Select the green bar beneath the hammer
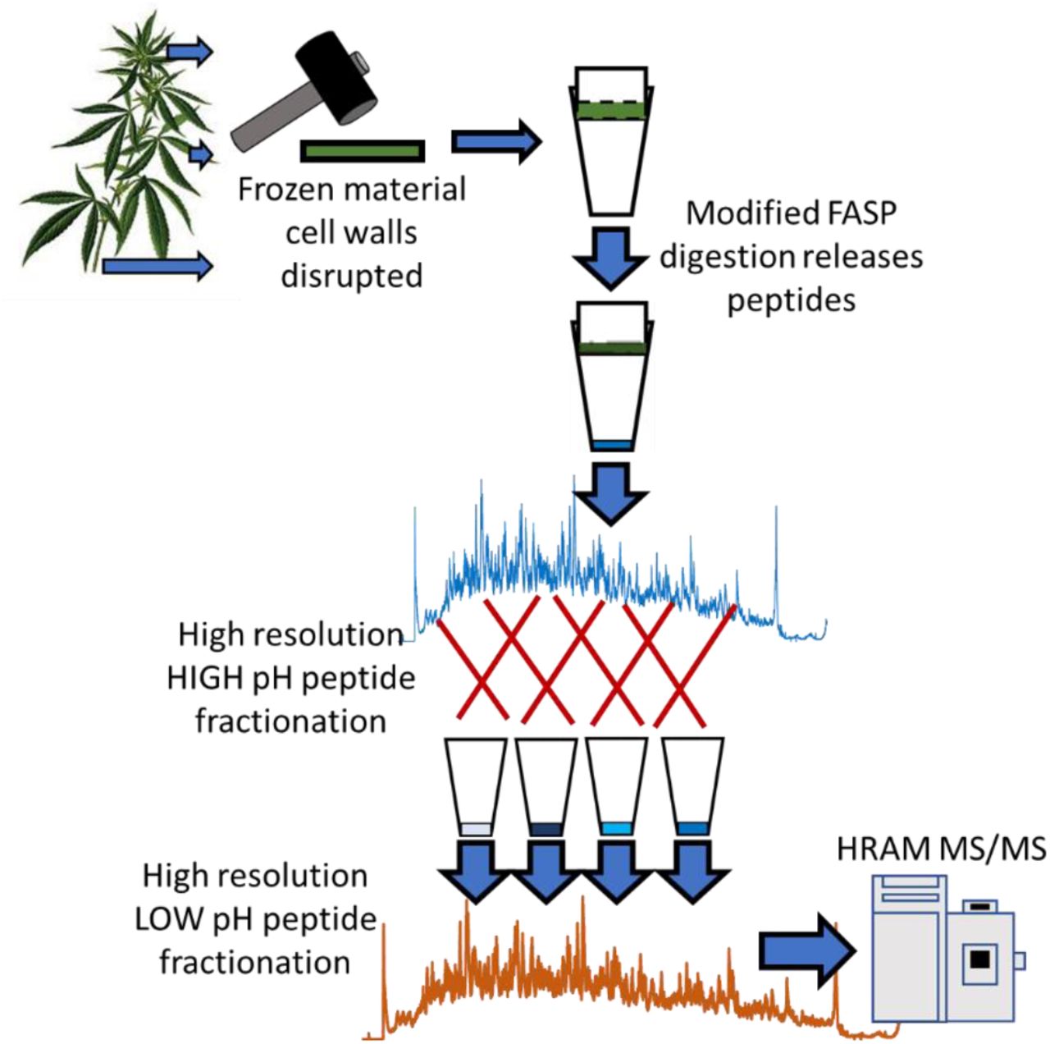point(363,151)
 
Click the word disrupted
point(351,276)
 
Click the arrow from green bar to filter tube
point(497,142)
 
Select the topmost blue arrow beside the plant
point(189,52)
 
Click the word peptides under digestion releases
point(791,300)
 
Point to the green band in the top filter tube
point(611,110)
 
